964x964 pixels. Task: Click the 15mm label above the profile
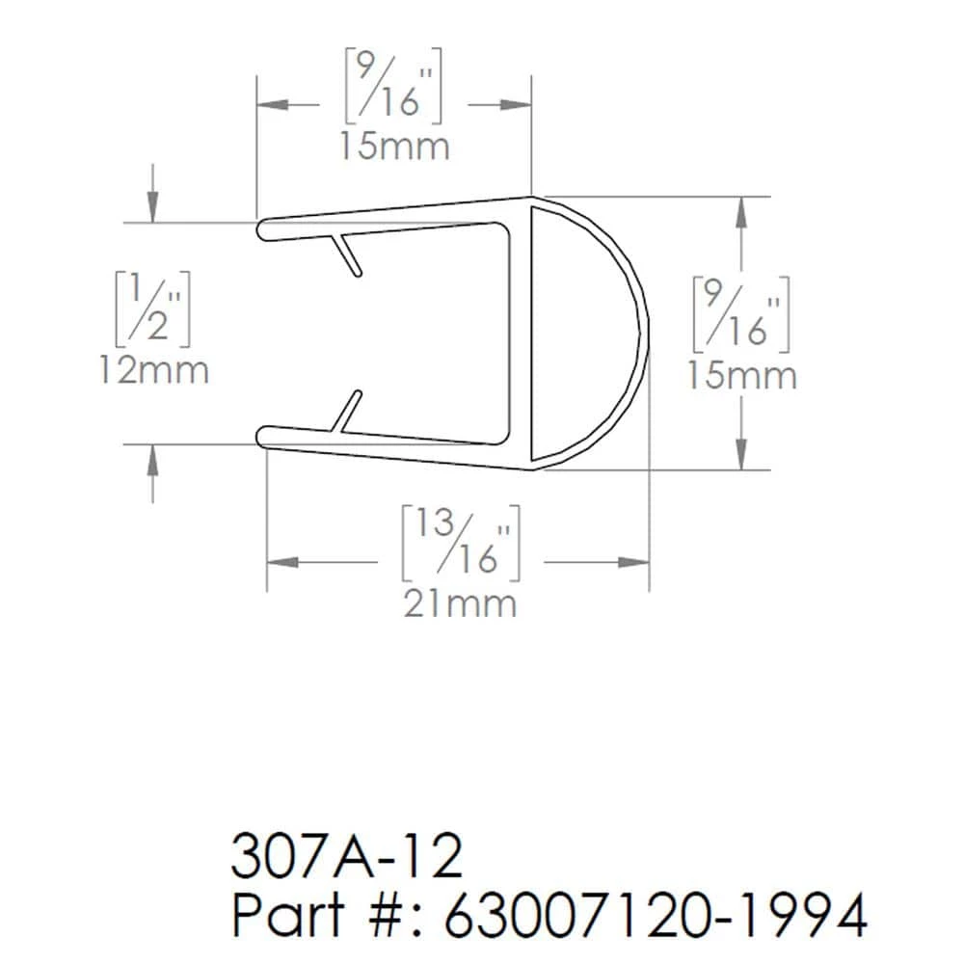click(393, 147)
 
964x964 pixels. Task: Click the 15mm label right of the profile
click(741, 375)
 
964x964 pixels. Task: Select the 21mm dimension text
click(460, 603)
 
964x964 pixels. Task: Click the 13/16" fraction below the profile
click(461, 541)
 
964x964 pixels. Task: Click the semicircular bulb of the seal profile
click(598, 333)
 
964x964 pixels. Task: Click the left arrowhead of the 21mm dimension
click(280, 561)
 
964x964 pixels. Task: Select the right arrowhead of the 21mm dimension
click(634, 561)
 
